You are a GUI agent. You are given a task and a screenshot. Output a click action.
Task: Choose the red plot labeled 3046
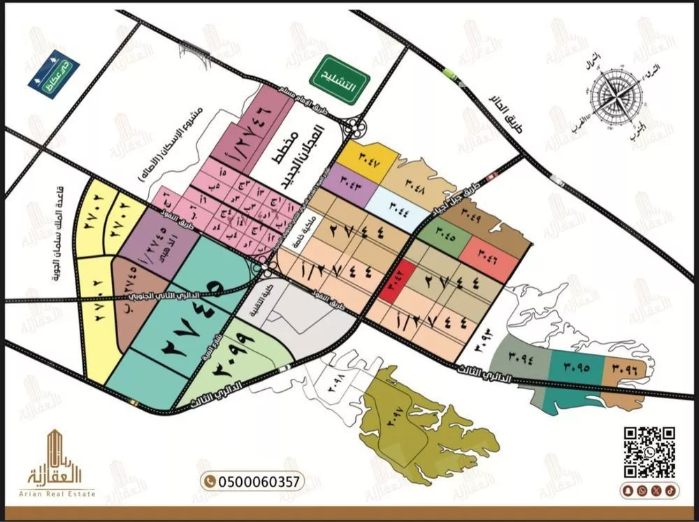pyautogui.click(x=489, y=253)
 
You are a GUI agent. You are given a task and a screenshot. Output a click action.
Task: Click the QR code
pyautogui.click(x=649, y=451)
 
